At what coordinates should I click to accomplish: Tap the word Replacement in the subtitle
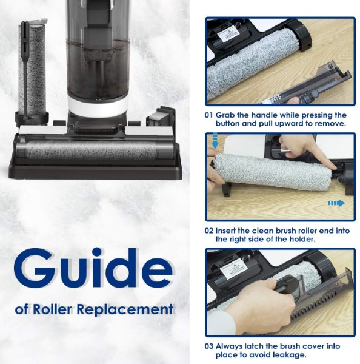(x=125, y=309)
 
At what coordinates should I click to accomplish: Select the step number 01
(x=208, y=115)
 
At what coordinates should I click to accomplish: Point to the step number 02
(x=208, y=231)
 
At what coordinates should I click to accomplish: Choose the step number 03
(x=208, y=346)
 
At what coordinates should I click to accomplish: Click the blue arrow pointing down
(x=215, y=141)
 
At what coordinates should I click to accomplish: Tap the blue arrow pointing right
(x=336, y=203)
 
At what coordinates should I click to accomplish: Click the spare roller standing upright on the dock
(x=33, y=70)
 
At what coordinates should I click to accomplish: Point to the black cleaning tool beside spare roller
(x=25, y=70)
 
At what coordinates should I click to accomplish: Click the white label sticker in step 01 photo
(x=228, y=35)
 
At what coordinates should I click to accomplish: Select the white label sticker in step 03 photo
(x=234, y=269)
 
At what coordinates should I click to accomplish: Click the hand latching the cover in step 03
(x=260, y=302)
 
